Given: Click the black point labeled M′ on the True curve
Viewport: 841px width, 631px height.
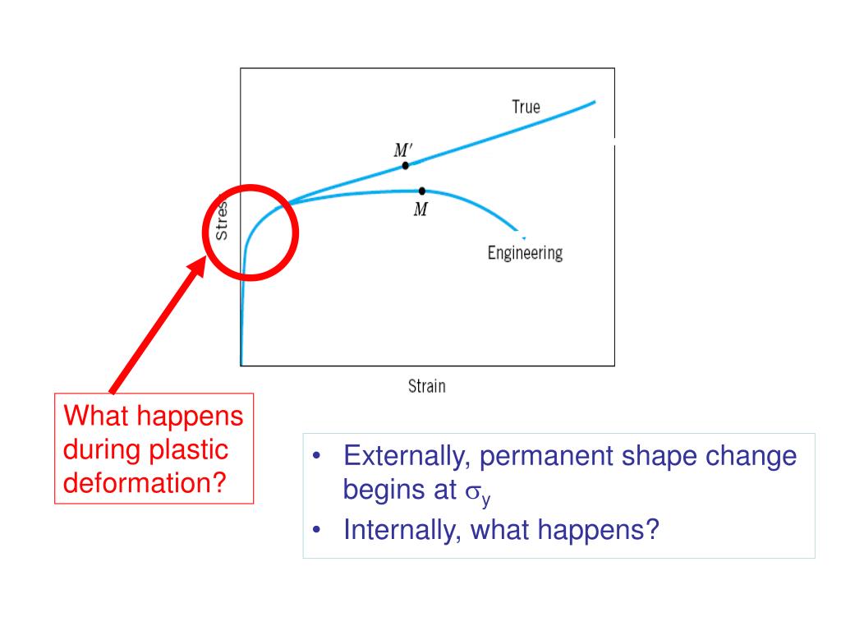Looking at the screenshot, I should pyautogui.click(x=406, y=165).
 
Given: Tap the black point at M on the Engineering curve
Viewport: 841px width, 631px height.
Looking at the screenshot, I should pyautogui.click(x=421, y=190).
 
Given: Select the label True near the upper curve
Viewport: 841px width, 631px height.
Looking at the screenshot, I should pyautogui.click(x=526, y=107).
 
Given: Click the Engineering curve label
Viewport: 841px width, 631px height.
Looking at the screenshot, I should pyautogui.click(x=525, y=252).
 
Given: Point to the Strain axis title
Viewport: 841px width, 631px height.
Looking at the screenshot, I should pyautogui.click(x=427, y=385).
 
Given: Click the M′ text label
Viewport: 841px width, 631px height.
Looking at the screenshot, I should pyautogui.click(x=403, y=150).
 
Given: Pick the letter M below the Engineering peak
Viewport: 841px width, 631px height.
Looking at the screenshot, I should pyautogui.click(x=420, y=210).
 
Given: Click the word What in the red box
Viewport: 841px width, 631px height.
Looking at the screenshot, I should pyautogui.click(x=93, y=417).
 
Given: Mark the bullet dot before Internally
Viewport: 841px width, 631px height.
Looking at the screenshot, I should pyautogui.click(x=318, y=530).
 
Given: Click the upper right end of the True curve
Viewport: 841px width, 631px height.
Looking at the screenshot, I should pyautogui.click(x=594, y=102).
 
